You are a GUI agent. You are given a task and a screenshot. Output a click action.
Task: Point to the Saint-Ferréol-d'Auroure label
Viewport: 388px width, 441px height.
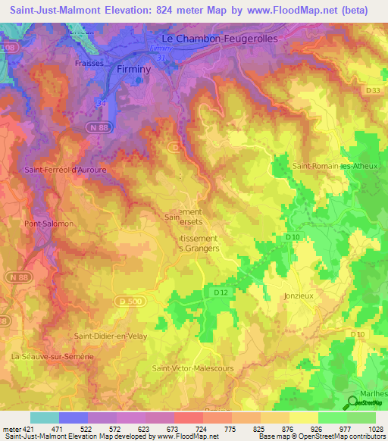(65, 170)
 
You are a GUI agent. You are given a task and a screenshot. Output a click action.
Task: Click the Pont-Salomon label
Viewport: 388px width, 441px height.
(48, 224)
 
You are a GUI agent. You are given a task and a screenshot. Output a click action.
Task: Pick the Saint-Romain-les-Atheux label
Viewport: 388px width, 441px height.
(333, 164)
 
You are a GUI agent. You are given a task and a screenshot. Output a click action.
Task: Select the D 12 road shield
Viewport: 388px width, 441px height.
(221, 292)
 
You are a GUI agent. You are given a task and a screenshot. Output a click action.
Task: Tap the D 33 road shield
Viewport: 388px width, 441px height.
(372, 91)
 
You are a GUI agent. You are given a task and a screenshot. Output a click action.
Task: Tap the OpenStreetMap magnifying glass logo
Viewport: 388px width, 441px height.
(353, 404)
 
